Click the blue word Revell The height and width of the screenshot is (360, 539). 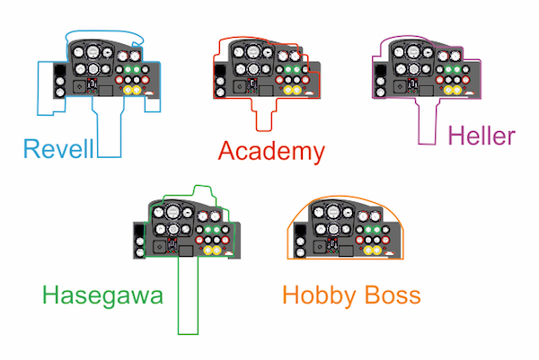[x=58, y=149]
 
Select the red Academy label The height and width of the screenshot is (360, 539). [x=271, y=151]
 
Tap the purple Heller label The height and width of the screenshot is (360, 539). [x=482, y=136]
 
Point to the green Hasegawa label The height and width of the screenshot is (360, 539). [x=102, y=295]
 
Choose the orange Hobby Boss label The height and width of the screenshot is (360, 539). [x=351, y=295]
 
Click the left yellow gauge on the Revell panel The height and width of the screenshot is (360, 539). [x=128, y=90]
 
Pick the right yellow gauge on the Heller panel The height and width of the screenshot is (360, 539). [x=457, y=90]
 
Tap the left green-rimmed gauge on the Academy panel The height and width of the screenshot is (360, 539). [x=288, y=70]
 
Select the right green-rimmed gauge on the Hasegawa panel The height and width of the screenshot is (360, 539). [x=216, y=230]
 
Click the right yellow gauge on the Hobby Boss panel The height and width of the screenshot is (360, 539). [x=376, y=250]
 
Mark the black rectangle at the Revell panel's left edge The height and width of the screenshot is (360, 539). [x=59, y=70]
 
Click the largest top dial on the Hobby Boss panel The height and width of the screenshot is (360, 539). [x=332, y=212]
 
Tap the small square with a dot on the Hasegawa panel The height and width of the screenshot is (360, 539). [x=159, y=247]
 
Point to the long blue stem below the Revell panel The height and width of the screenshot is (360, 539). [x=109, y=128]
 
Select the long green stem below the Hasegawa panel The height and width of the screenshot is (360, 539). [x=188, y=295]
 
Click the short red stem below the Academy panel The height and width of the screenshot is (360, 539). [x=264, y=115]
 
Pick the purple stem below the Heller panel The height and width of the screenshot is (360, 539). [x=428, y=122]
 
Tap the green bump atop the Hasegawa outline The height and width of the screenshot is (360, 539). [x=204, y=192]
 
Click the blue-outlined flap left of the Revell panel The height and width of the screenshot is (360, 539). [x=49, y=89]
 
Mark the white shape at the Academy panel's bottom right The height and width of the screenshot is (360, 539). [x=308, y=92]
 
